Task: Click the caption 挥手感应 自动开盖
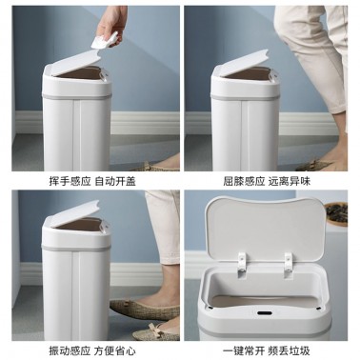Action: [92, 181]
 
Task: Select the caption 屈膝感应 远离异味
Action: [267, 181]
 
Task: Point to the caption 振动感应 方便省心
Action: [92, 350]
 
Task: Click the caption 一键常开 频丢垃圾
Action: [266, 350]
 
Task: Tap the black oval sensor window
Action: [264, 313]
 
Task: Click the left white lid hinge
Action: [242, 264]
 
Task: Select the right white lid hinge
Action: [289, 266]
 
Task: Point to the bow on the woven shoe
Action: [156, 328]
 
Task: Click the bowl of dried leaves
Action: [336, 214]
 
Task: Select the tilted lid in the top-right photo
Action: [243, 63]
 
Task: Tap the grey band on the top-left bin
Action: [76, 95]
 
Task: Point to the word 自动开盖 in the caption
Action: [115, 181]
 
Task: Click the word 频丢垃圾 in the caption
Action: [290, 350]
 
